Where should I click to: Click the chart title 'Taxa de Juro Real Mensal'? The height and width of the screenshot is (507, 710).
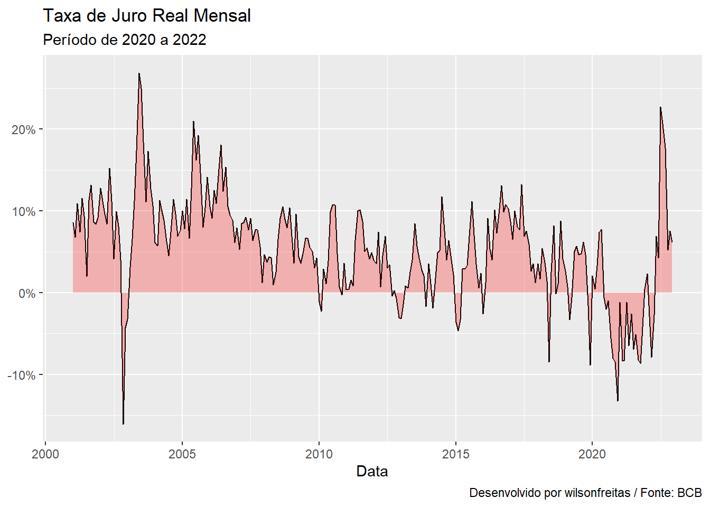[146, 16]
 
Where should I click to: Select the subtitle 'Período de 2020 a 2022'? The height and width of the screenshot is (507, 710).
[124, 40]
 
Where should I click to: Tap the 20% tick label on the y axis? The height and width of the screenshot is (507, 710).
[24, 130]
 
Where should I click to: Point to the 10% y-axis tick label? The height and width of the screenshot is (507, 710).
[24, 212]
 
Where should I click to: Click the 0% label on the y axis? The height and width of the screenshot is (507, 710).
[27, 294]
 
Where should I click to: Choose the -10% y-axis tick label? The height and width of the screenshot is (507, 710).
[21, 375]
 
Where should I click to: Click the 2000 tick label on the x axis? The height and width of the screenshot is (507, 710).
[45, 454]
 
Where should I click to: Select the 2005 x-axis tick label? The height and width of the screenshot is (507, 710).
[182, 454]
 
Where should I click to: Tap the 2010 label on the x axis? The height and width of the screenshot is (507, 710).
[319, 454]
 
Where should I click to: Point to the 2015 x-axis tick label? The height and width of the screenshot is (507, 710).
[455, 454]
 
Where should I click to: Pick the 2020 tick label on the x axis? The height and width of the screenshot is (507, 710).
[592, 454]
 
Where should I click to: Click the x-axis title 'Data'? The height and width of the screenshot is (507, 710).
[372, 472]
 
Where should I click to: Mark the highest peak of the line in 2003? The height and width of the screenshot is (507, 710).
[139, 73]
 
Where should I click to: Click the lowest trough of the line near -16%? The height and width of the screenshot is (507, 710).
[123, 424]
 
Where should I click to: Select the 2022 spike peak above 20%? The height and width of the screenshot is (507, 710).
[660, 108]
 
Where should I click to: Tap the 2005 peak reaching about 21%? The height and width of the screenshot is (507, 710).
[193, 121]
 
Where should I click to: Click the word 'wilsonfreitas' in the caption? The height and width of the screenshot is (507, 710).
[597, 493]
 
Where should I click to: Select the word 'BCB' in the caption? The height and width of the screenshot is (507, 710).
[689, 493]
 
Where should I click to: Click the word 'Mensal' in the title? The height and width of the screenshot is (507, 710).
[222, 16]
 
